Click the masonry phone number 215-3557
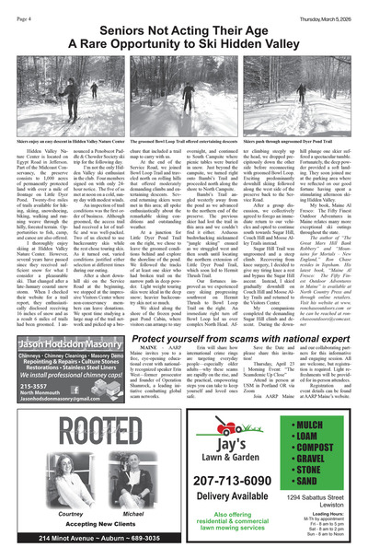[32, 412]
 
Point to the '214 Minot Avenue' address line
[91, 550]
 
